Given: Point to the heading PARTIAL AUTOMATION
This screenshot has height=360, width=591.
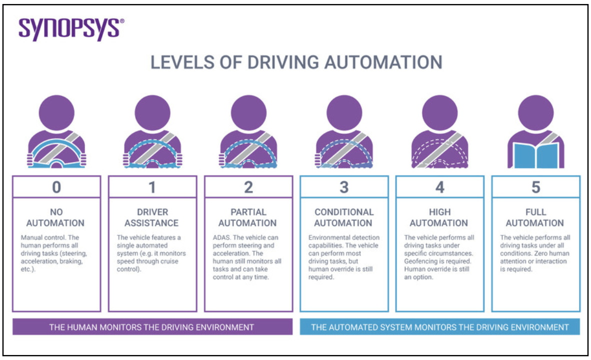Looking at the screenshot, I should coord(248,217).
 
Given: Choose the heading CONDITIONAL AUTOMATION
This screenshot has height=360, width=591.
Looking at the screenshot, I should coord(344,217).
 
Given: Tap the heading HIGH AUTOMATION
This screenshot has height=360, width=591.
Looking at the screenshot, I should coord(439,217).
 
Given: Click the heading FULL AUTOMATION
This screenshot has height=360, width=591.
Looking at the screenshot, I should coord(535,217).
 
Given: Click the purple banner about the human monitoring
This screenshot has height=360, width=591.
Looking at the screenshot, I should coord(152,327).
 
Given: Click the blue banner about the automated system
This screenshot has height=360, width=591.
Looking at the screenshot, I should coord(439,327).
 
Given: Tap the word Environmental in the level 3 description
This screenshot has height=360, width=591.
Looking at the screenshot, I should coord(326,237).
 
